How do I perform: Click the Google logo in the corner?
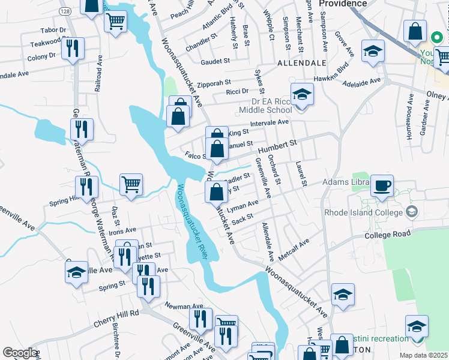(x=19, y=353)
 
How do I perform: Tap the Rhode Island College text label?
(x=362, y=212)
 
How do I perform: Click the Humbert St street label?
(x=278, y=145)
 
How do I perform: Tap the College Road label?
(x=387, y=233)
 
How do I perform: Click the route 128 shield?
(x=64, y=11)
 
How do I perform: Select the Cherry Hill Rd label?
(x=116, y=318)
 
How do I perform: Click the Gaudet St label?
(x=215, y=61)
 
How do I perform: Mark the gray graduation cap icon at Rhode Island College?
(x=412, y=212)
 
